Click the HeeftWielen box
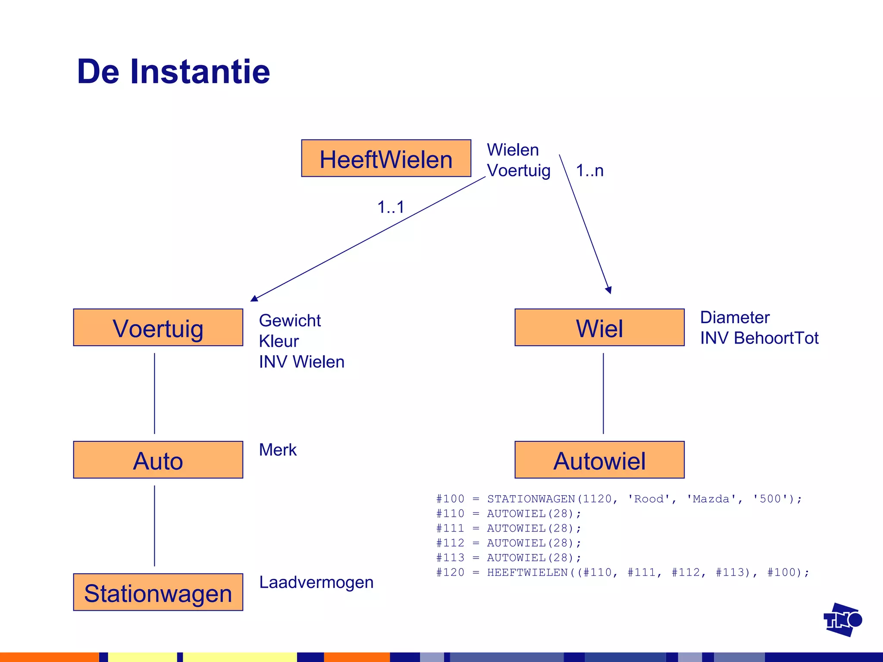(x=386, y=158)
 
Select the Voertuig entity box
(x=158, y=328)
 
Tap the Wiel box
(x=599, y=328)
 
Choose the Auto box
(x=158, y=460)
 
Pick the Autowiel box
(x=599, y=460)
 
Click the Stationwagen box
(x=158, y=592)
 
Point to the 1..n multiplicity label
(x=589, y=171)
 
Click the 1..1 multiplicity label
(x=391, y=207)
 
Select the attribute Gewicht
(x=290, y=321)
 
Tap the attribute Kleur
(x=279, y=341)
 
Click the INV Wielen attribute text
(x=301, y=362)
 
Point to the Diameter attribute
(x=735, y=318)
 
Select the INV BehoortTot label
(x=759, y=338)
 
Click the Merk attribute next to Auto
(x=278, y=450)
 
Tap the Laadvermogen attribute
(x=316, y=582)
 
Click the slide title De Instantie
(x=173, y=72)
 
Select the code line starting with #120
(x=623, y=572)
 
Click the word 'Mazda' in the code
(x=711, y=499)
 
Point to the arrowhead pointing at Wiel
(x=609, y=290)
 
